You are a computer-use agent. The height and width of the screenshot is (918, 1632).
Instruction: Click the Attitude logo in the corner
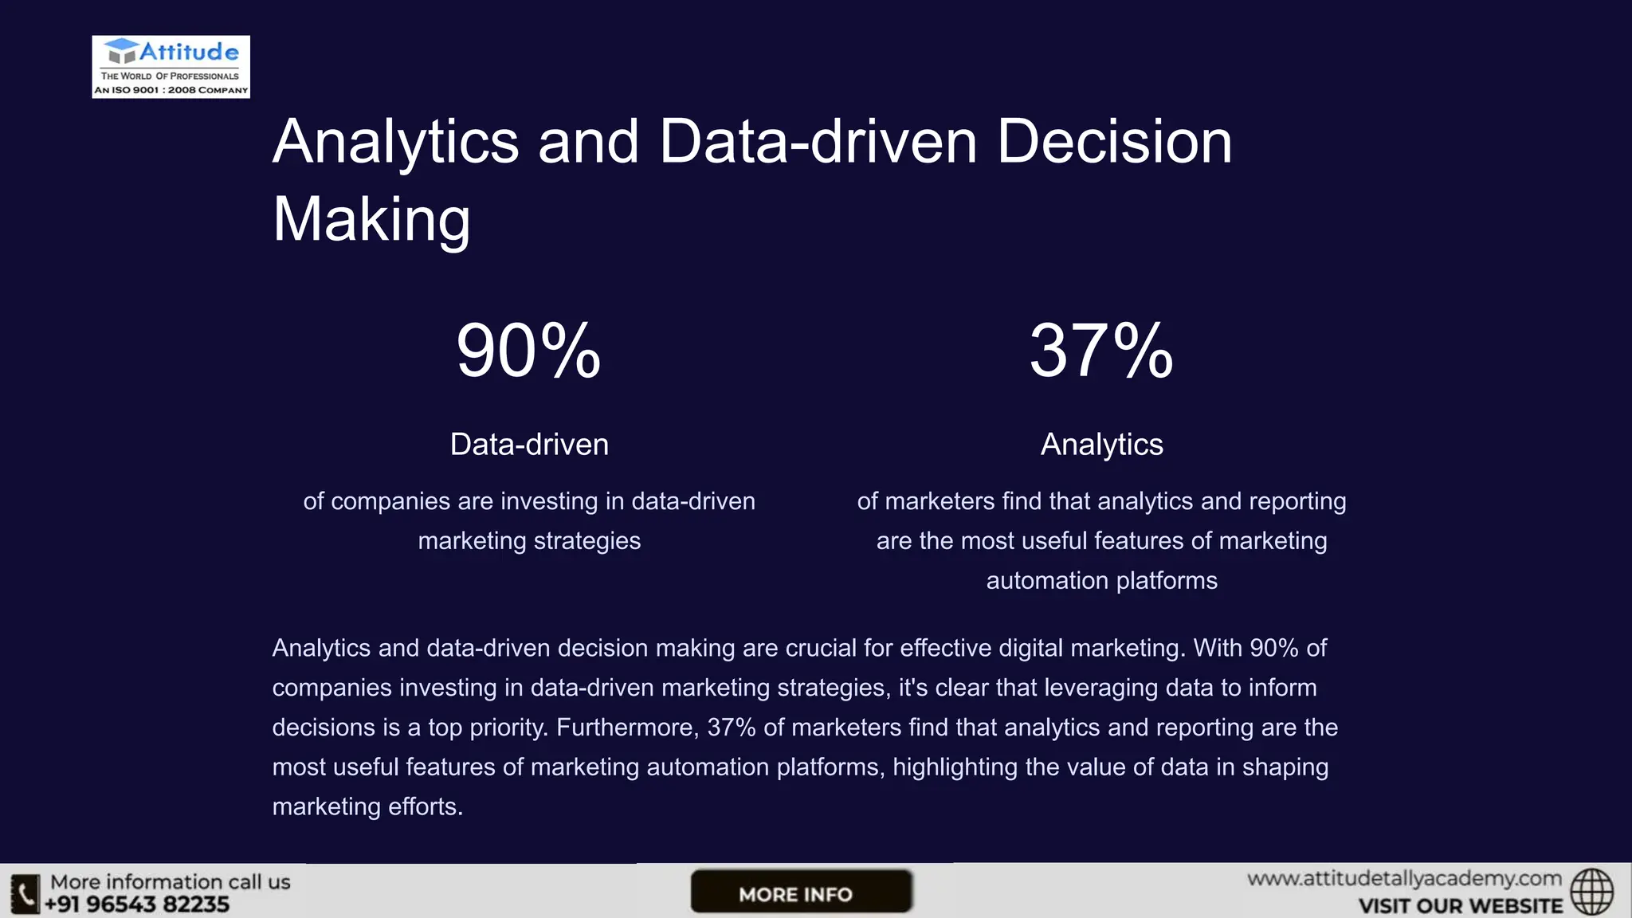point(171,67)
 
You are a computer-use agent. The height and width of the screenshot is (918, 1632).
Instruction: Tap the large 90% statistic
point(528,351)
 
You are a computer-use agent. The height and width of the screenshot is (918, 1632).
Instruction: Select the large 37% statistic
point(1101,351)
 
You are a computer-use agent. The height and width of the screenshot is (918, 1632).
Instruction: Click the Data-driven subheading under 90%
point(529,445)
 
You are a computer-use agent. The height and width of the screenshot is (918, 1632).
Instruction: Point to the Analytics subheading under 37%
point(1101,445)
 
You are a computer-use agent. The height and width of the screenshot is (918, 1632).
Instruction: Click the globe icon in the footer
point(1592,892)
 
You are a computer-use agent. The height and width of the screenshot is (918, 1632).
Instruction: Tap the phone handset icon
point(25,893)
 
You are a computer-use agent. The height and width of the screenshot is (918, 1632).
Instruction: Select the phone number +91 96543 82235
point(137,904)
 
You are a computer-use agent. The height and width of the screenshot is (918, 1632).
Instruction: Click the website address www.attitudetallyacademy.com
point(1404,879)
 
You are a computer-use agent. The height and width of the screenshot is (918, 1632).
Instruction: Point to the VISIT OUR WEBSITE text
point(1460,906)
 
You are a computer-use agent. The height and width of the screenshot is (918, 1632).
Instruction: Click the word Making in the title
point(371,220)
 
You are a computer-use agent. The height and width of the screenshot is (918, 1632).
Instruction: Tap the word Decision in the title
point(1114,142)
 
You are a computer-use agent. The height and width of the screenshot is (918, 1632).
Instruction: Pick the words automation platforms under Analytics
point(1101,581)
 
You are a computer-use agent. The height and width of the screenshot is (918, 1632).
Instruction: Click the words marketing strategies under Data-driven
point(529,541)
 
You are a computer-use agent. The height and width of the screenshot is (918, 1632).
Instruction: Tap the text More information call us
point(171,882)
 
